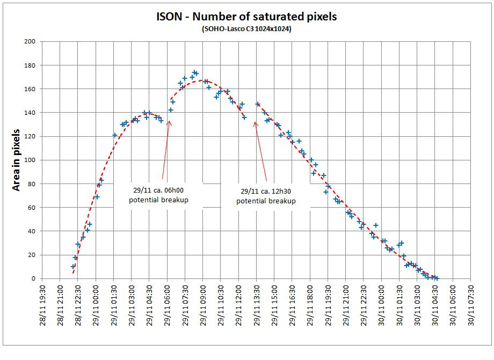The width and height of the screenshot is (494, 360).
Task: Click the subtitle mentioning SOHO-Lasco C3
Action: [246, 28]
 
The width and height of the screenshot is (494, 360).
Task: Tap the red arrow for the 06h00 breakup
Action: [166, 150]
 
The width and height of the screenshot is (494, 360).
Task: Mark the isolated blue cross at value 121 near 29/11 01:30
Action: [114, 135]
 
